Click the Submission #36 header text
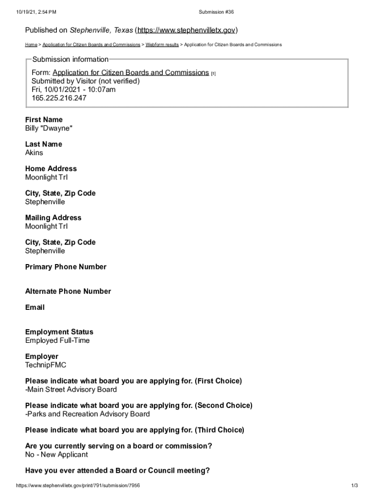point(216,12)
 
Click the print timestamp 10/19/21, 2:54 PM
point(36,12)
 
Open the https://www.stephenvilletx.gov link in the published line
point(187,31)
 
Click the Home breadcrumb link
point(31,45)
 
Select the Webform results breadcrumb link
point(162,45)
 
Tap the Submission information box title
point(70,59)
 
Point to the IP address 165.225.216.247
point(59,98)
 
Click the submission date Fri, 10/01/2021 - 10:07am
point(73,89)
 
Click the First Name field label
point(44,120)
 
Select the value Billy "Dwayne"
point(49,128)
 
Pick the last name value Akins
point(34,153)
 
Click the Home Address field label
point(51,169)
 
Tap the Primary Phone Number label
point(66,267)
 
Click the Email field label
point(35,307)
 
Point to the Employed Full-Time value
point(57,340)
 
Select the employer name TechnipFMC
point(46,365)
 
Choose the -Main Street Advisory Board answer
point(71,390)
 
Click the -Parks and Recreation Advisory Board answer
point(87,414)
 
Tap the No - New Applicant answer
point(56,455)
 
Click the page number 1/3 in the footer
point(354,486)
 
